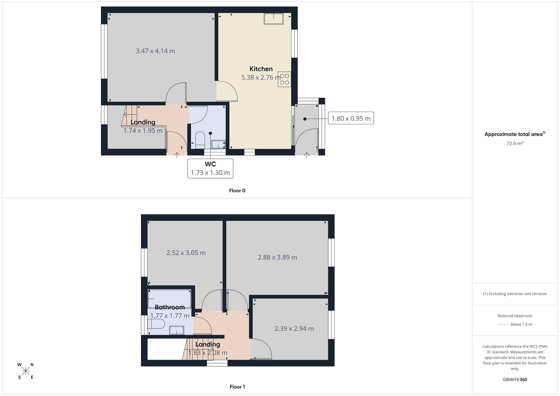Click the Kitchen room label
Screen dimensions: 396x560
click(261, 69)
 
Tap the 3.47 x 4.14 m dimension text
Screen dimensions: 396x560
click(155, 51)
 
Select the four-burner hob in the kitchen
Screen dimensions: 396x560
click(284, 79)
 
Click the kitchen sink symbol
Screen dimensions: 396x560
click(274, 18)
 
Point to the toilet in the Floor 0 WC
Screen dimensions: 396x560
click(200, 140)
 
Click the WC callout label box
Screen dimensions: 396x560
click(210, 168)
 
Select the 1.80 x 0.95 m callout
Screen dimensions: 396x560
click(351, 118)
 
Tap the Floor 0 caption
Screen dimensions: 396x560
click(237, 191)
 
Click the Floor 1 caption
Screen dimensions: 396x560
click(237, 387)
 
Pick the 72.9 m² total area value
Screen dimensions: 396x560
click(515, 143)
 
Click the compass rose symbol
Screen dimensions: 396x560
click(25, 371)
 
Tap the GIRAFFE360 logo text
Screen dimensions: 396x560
click(515, 380)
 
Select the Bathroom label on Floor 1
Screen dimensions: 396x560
click(170, 307)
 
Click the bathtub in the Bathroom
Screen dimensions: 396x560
click(169, 299)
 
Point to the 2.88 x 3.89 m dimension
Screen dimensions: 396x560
click(277, 257)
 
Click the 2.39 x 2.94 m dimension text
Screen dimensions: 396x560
click(294, 329)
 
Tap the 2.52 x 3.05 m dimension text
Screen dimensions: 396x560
click(186, 253)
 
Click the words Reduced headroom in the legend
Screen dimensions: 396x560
click(515, 316)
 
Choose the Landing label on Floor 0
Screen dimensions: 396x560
click(143, 122)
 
